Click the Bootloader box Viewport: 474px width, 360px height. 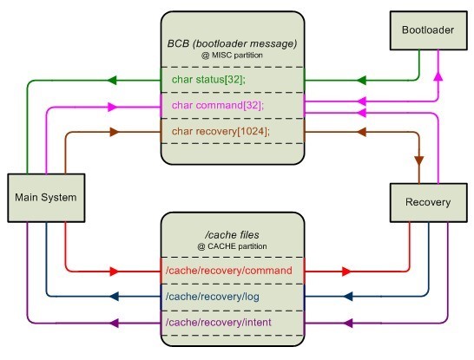click(x=428, y=30)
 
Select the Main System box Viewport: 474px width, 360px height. click(x=46, y=198)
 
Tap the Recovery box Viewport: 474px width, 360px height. click(x=428, y=203)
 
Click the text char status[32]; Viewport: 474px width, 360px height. click(x=208, y=80)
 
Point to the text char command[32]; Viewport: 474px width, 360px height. click(x=218, y=106)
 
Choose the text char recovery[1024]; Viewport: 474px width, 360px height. click(x=221, y=131)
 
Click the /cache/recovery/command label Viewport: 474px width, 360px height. click(x=229, y=271)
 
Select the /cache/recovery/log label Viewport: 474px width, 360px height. click(x=212, y=297)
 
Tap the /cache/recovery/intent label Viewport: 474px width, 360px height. click(x=218, y=323)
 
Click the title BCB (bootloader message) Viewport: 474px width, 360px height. click(x=232, y=43)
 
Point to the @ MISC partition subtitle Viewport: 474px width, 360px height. click(x=232, y=56)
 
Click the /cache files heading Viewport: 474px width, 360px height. click(x=232, y=235)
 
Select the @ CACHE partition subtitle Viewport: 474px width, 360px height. click(x=232, y=246)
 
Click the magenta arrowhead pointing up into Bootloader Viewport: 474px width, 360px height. click(x=438, y=76)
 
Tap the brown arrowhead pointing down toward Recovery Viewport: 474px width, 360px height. click(x=419, y=160)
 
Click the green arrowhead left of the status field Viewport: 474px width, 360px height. click(x=112, y=81)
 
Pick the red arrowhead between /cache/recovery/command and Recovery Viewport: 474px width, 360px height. click(x=346, y=272)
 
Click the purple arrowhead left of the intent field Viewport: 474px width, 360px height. click(x=114, y=324)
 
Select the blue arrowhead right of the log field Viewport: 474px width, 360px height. click(x=348, y=297)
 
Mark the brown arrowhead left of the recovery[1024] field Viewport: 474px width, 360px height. click(x=115, y=132)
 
